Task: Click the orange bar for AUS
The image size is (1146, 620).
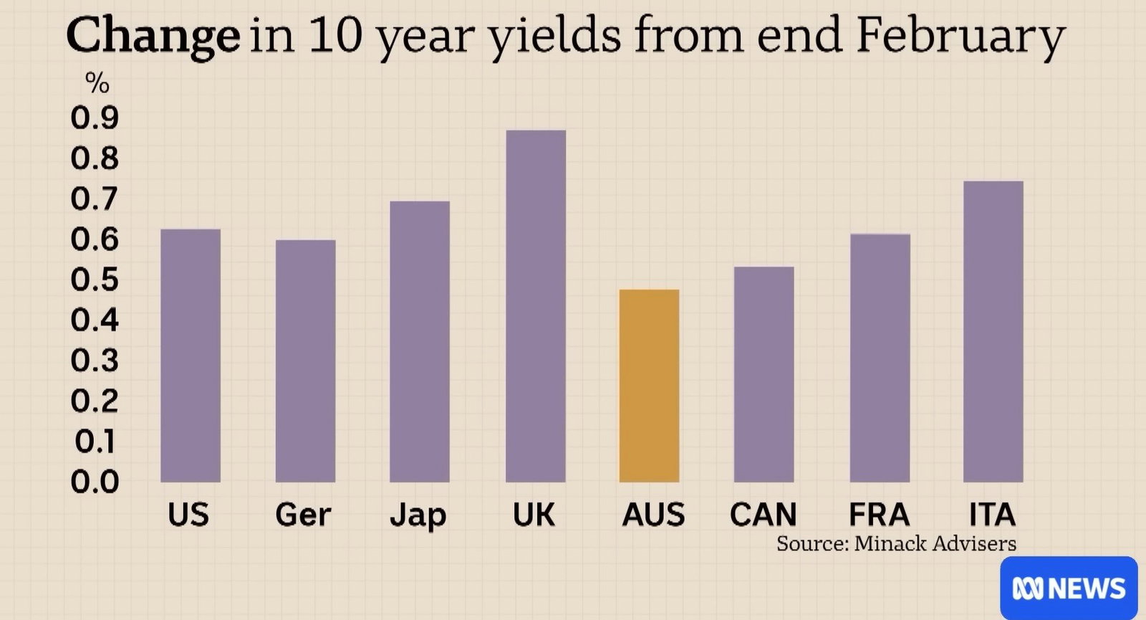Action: click(649, 386)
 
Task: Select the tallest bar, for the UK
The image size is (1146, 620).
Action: click(536, 306)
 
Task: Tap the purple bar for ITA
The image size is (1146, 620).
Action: click(993, 331)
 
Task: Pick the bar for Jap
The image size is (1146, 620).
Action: click(420, 341)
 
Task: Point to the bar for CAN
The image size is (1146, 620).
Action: click(764, 374)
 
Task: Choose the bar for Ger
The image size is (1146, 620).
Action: click(305, 361)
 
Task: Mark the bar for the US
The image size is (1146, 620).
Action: click(191, 356)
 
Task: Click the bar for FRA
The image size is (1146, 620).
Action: click(880, 358)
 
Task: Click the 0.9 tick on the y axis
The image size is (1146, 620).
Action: click(95, 118)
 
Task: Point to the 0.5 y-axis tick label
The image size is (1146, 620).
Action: click(95, 280)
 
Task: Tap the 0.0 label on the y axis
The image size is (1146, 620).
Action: click(95, 482)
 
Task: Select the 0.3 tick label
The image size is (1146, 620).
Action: click(95, 361)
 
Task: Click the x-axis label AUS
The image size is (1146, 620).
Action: click(653, 515)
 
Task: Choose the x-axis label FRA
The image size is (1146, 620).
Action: click(880, 515)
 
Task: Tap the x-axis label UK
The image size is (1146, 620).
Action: click(534, 515)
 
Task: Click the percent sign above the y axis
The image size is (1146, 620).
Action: click(97, 82)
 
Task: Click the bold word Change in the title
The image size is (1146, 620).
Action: click(153, 36)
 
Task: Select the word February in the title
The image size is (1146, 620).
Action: click(960, 36)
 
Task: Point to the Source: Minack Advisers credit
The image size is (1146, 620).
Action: click(896, 543)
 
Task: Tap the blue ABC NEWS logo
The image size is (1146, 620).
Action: click(1069, 588)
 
